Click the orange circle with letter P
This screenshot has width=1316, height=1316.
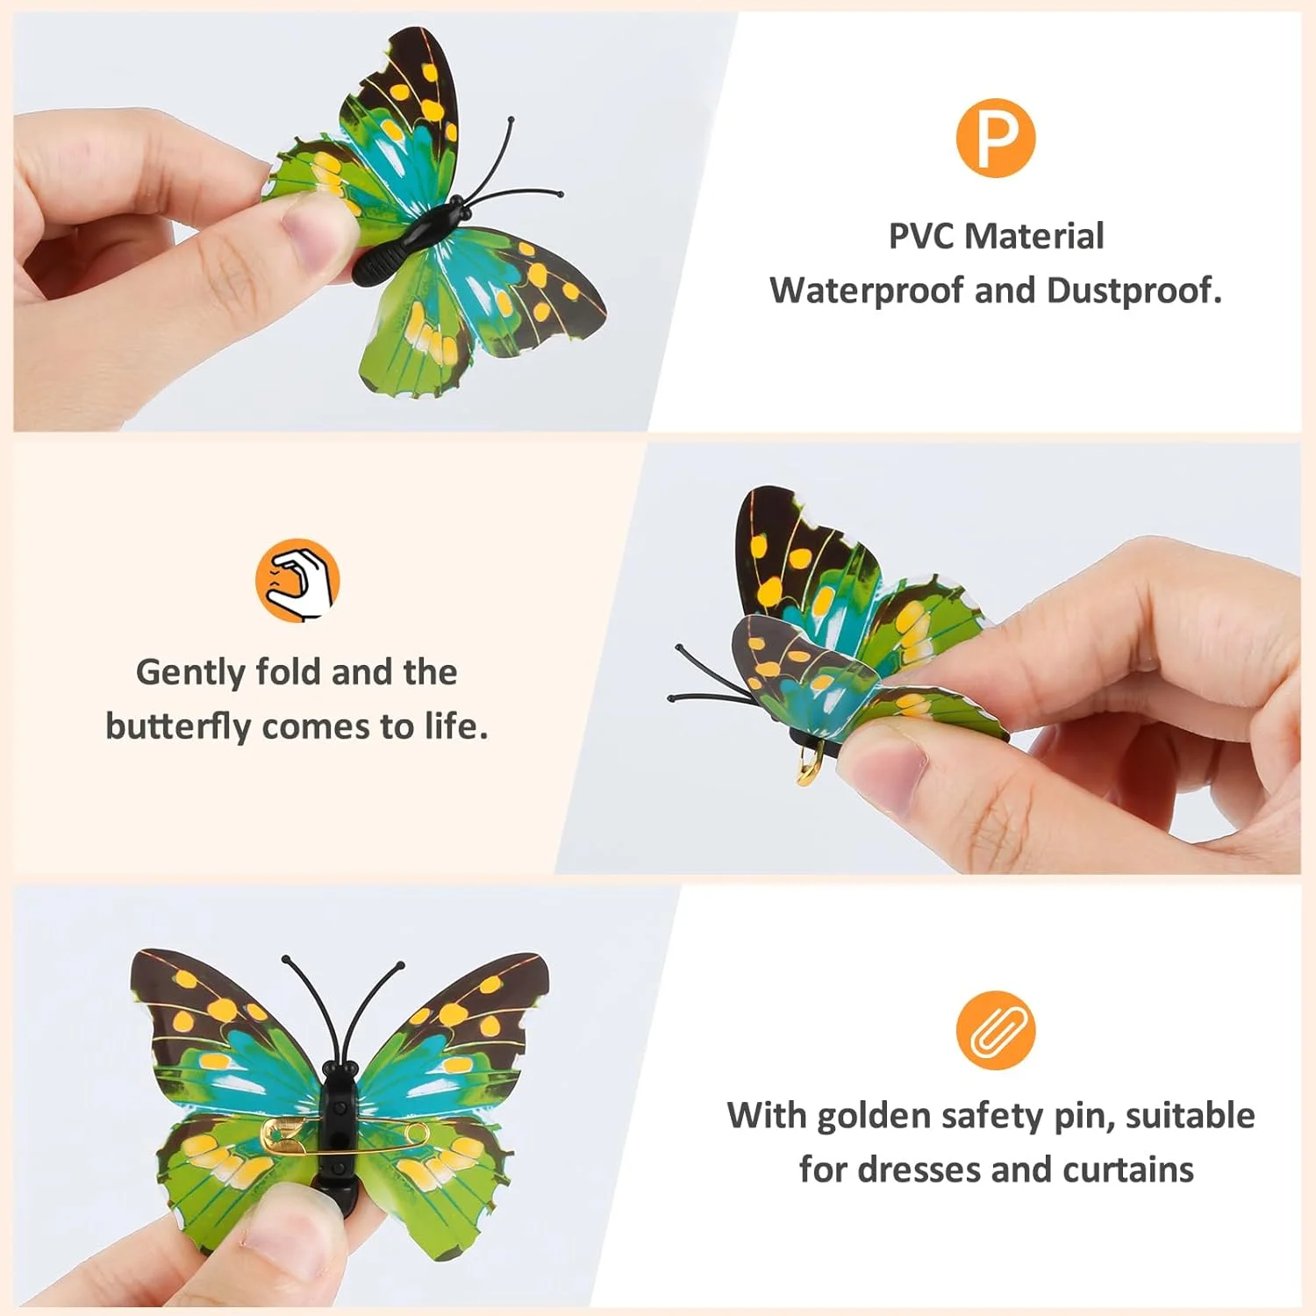(996, 138)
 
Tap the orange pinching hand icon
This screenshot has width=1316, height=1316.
(297, 581)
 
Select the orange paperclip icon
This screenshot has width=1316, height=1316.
(996, 1030)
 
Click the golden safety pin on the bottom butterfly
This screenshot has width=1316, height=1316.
(344, 1134)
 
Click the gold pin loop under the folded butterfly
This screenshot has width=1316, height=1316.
(810, 762)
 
